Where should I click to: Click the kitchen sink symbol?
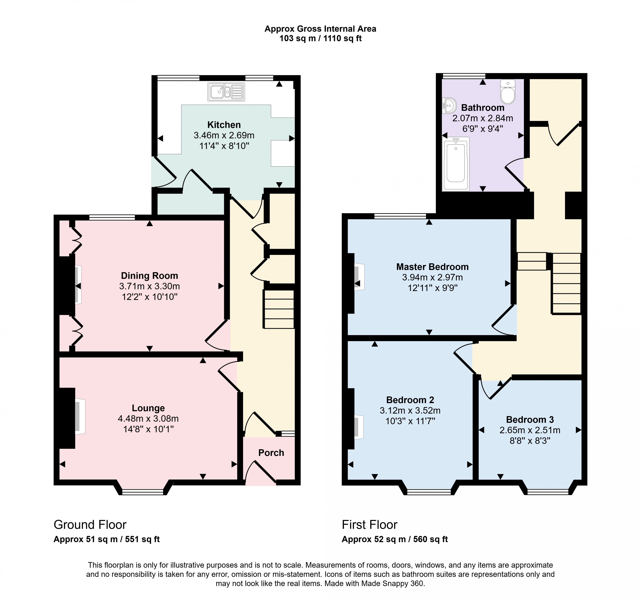[226, 92]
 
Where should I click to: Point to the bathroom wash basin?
[449, 105]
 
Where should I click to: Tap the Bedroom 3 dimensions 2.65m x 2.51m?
[530, 430]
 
